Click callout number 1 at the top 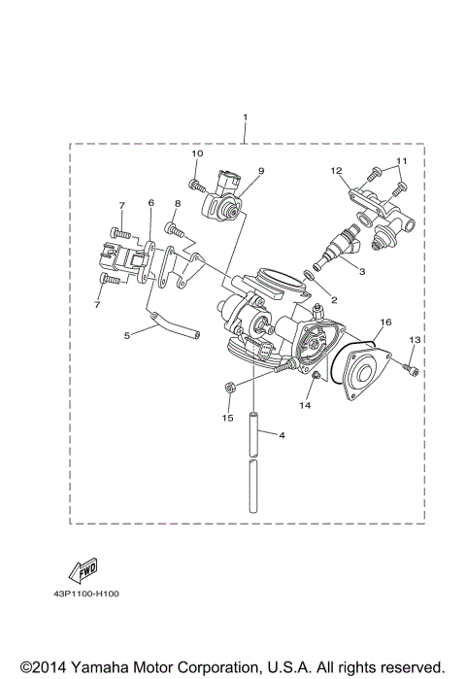point(245,119)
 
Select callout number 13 point(414,339)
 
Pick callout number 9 point(261,171)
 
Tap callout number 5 point(127,334)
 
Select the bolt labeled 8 point(173,229)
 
